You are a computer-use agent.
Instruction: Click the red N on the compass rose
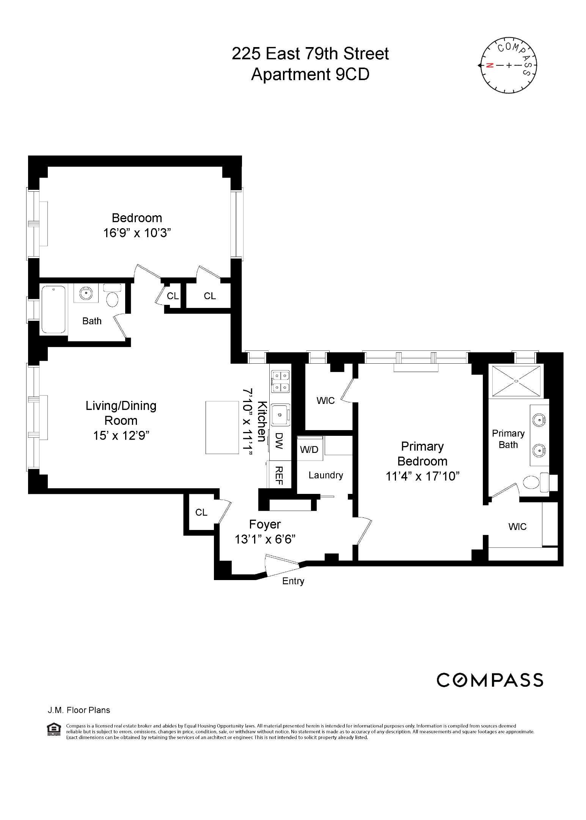pos(490,65)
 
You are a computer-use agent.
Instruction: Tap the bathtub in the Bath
pos(53,309)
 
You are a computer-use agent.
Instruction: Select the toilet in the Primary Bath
pos(531,483)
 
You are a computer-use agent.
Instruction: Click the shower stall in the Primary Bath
pos(516,380)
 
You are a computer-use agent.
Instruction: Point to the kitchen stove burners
pos(280,382)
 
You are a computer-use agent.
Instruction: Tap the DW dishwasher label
pos(280,441)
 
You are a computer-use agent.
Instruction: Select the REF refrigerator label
pos(279,475)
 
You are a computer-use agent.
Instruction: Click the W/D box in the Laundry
pos(309,449)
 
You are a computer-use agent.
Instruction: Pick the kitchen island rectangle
pos(221,427)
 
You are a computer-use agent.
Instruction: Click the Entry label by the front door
pos(293,581)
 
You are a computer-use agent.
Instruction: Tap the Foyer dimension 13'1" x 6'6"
pos(265,539)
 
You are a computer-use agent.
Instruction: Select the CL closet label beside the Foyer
pos(201,512)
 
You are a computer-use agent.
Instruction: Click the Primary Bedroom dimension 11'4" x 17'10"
pos(422,476)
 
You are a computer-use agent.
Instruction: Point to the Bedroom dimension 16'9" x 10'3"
pos(137,233)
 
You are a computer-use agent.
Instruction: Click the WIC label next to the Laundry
pos(325,401)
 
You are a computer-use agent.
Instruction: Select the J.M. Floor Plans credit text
pos(79,710)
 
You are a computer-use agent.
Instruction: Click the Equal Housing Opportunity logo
pos(53,729)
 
